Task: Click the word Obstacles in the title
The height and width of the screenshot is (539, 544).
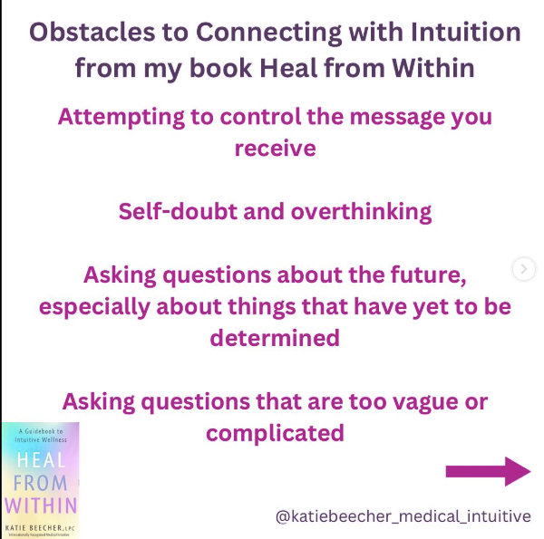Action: tap(92, 32)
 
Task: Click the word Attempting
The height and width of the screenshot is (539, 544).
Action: tap(121, 118)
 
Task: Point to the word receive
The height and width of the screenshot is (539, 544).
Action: tap(275, 149)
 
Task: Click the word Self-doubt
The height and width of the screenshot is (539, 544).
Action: tap(178, 211)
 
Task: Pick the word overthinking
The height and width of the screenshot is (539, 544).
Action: tap(361, 213)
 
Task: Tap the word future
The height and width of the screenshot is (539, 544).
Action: tap(429, 275)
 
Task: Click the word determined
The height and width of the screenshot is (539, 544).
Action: tap(275, 338)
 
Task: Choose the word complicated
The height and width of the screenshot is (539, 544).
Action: tap(275, 434)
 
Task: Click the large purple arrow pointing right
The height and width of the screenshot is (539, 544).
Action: tap(488, 471)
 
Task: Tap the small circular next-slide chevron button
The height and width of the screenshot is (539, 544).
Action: tap(524, 269)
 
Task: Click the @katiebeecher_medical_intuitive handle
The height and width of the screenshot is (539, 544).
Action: tap(403, 516)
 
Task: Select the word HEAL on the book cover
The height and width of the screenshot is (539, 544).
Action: tap(42, 460)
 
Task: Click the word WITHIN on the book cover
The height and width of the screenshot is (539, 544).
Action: tap(41, 505)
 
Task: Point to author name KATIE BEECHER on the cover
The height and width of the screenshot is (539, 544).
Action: tap(34, 528)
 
